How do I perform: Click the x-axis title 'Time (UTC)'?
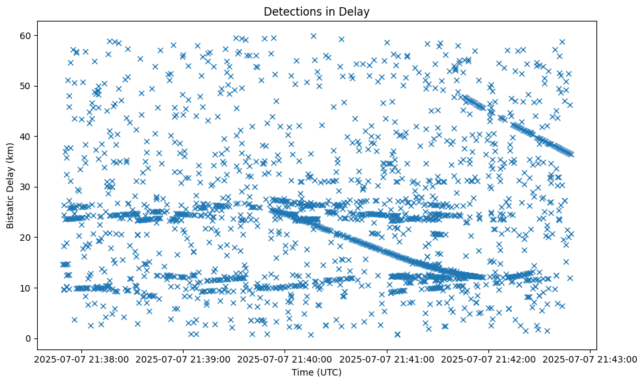coord(316,372)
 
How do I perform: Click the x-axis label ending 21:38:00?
coord(82,359)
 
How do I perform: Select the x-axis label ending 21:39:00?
coord(184,359)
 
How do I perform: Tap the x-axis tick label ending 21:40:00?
coord(285,359)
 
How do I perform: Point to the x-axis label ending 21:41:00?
coord(387,359)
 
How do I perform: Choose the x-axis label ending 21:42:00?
coord(488,359)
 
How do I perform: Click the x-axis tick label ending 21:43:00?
coord(590,359)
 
